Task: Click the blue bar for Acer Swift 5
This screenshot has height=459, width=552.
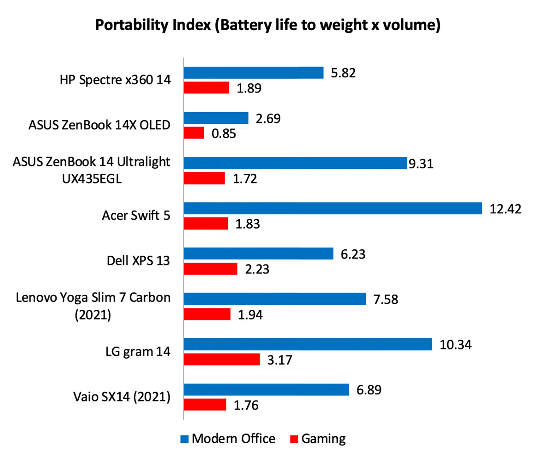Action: pos(333,208)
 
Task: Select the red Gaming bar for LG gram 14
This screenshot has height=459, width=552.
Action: pos(222,359)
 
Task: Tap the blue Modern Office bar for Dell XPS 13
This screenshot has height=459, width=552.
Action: pos(258,254)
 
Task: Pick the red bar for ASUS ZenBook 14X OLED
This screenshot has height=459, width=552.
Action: pos(194,133)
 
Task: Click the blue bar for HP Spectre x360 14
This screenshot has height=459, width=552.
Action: pos(253,73)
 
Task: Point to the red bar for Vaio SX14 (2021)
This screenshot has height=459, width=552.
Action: pos(205,404)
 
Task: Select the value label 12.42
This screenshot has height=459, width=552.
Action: pos(505,209)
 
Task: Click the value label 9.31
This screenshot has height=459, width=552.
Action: pos(421,164)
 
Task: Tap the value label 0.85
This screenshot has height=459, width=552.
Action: pos(224,134)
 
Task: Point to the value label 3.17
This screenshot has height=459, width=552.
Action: pos(279,360)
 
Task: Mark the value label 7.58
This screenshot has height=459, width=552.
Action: pos(386,299)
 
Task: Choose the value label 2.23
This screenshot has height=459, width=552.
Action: pos(257,269)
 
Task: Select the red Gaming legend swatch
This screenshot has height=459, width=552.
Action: pos(294,439)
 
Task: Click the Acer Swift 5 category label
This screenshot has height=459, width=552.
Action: pos(136,215)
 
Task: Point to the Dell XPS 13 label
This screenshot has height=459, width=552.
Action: pos(138,261)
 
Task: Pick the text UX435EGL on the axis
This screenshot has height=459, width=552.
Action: pos(92,179)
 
